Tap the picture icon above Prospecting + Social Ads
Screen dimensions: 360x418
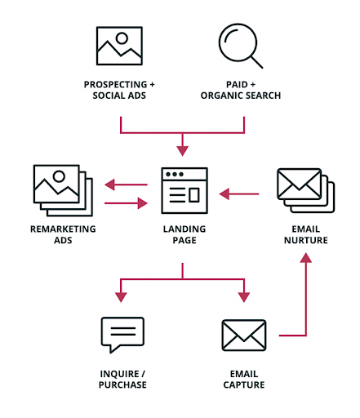[x=119, y=46]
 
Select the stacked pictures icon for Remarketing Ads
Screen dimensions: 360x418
[x=63, y=190]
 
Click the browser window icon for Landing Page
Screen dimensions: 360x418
[x=184, y=190]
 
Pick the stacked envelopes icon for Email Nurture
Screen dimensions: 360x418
[x=305, y=190]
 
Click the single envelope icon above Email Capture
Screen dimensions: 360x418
[x=244, y=336]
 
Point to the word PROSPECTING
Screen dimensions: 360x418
[x=115, y=85]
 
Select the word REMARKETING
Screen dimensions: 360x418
[x=63, y=229]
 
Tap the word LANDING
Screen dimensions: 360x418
[x=184, y=229]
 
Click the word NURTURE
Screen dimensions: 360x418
[x=306, y=240]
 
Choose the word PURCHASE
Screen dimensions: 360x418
[x=122, y=385]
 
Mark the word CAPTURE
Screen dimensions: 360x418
[x=244, y=385]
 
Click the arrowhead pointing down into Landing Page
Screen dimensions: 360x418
[x=182, y=151]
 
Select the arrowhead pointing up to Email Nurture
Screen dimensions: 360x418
[x=306, y=257]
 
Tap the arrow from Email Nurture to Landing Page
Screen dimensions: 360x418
[x=239, y=194]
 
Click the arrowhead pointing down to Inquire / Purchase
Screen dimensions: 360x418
[x=121, y=297]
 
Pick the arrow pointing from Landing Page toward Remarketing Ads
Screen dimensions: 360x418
[x=126, y=185]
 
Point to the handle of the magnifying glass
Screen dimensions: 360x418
[x=256, y=62]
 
